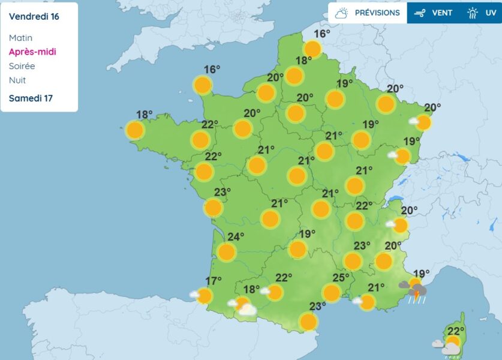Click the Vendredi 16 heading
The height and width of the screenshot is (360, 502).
coord(34,16)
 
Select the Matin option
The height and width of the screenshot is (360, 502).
coord(20,38)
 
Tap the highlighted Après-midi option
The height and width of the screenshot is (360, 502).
coord(32,52)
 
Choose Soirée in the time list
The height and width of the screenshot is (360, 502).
coord(22,66)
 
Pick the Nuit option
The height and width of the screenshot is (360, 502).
coord(17,80)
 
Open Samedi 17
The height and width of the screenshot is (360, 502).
coord(31,98)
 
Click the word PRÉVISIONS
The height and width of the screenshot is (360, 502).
coord(377,13)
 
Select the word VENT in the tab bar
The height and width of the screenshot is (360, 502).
coord(442,13)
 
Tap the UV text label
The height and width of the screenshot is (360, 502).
coord(491,13)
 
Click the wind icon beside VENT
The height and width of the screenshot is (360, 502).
coord(420,13)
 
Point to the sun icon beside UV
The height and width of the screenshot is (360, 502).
coord(473,13)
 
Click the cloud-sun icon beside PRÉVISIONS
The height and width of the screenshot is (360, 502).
coord(342,13)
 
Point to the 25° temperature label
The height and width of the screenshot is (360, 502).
coord(341,277)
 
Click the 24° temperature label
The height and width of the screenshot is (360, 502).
coord(236,236)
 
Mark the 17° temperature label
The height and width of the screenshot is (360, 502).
coord(214,280)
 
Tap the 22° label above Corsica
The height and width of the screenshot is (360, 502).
coord(456,331)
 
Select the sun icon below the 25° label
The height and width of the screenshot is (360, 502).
coord(331,293)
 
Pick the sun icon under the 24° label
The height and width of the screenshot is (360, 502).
coord(226,252)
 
